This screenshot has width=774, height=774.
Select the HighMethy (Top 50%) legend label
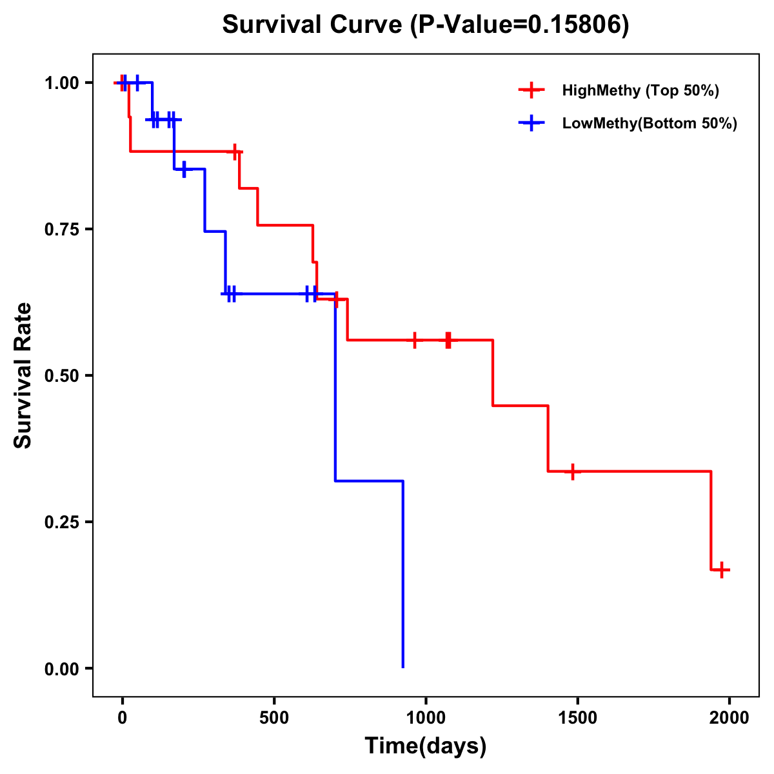pos(640,90)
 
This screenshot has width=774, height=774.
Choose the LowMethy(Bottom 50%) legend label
pos(650,123)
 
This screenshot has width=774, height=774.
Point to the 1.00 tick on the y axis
pos(61,83)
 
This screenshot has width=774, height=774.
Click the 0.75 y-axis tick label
pos(61,230)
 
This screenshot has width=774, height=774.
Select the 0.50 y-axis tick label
pos(61,376)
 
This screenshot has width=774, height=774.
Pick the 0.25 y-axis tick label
pos(61,522)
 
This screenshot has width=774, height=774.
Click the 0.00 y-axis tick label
pos(61,669)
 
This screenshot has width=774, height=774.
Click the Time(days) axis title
pos(426,746)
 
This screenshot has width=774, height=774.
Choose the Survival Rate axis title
pos(23,375)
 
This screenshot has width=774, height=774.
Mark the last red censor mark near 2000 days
pos(722,570)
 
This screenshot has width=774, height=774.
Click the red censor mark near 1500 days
pos(571,471)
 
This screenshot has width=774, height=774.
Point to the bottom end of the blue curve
pos(403,666)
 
